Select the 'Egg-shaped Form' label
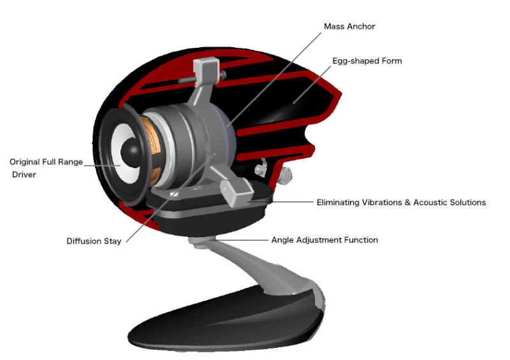point(367,61)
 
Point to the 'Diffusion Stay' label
point(94,241)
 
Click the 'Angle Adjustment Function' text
point(324,240)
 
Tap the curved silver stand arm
point(255,261)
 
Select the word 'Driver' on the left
point(24,175)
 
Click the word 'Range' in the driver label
point(70,162)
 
